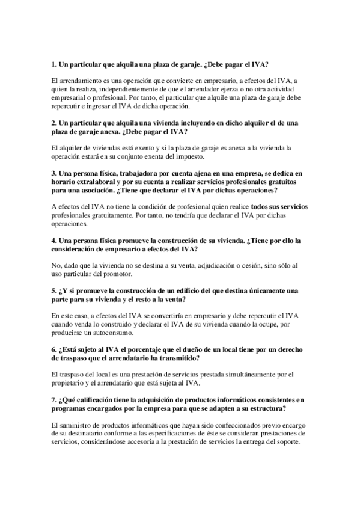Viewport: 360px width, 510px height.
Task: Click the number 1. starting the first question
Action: (x=53, y=64)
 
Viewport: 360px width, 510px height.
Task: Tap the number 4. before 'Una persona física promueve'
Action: (x=53, y=240)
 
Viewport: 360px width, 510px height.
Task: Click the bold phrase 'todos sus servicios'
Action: (x=279, y=207)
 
